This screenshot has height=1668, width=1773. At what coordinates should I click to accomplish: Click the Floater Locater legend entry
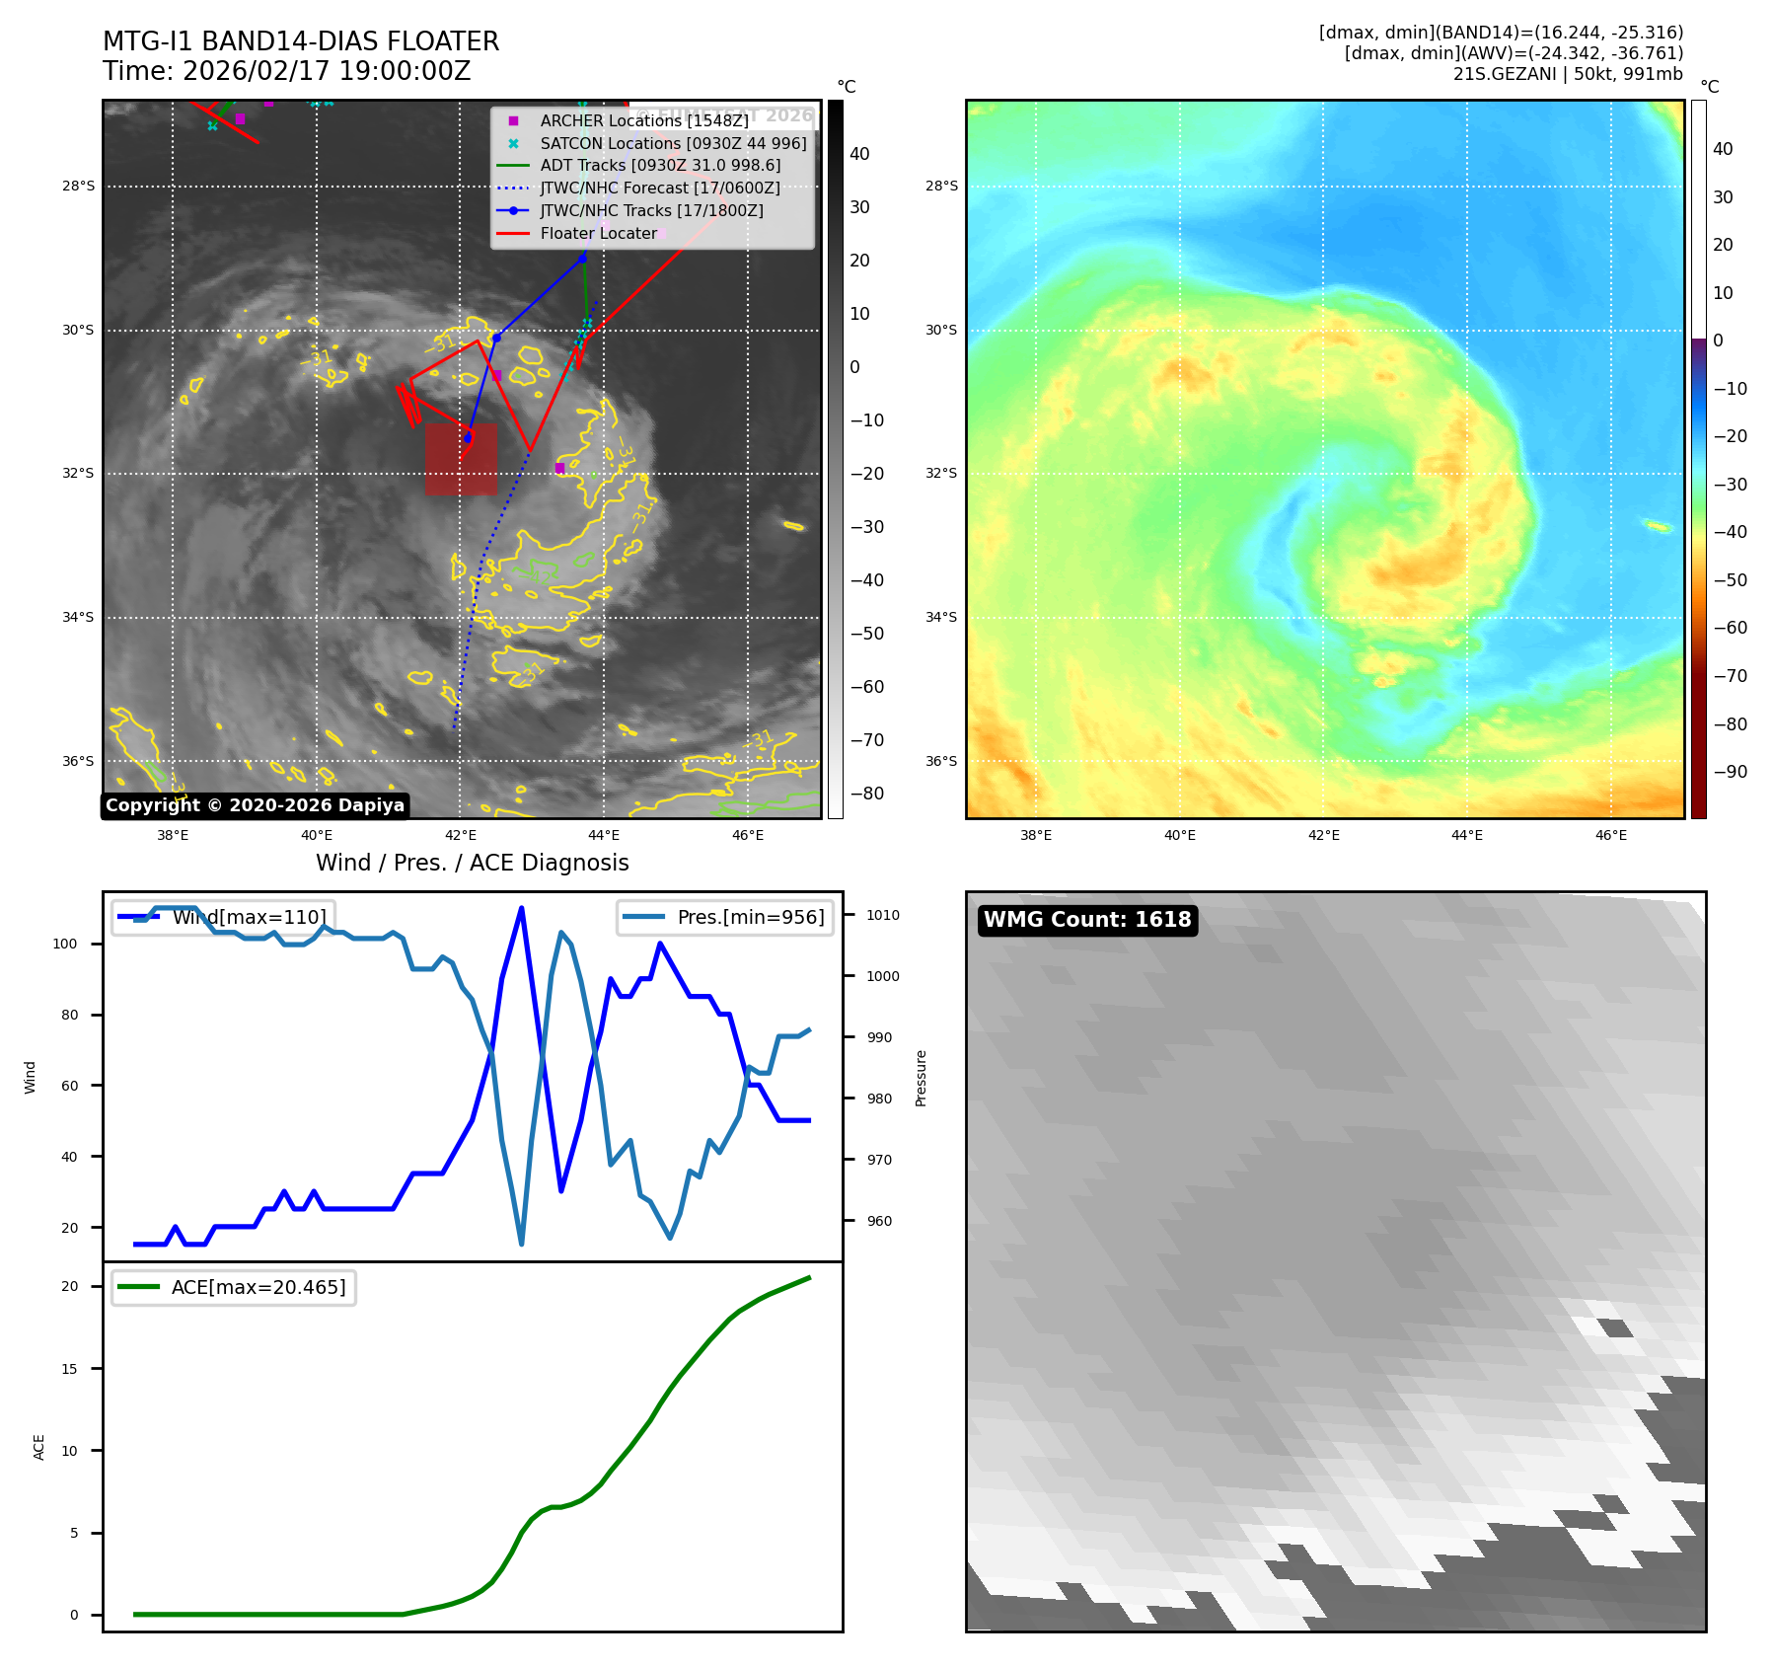click(598, 234)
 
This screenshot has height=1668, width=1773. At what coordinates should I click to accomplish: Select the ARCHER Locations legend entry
click(643, 120)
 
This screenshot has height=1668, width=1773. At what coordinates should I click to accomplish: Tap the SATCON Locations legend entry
click(673, 143)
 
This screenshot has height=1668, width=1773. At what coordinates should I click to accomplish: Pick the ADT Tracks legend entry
click(660, 166)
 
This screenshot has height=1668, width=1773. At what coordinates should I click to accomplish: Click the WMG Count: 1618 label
click(1087, 920)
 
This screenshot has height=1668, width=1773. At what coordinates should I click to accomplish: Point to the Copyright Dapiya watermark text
click(255, 805)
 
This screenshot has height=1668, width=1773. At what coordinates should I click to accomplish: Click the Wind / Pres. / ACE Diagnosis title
click(472, 863)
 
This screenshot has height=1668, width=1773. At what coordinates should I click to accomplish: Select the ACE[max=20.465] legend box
click(234, 1288)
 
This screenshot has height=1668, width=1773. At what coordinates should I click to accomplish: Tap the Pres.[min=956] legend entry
click(726, 917)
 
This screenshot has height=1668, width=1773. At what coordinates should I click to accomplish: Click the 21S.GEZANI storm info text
click(1567, 74)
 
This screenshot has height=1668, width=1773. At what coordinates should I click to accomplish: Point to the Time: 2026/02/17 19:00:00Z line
click(286, 72)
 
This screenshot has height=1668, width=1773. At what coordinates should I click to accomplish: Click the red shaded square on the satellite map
click(461, 459)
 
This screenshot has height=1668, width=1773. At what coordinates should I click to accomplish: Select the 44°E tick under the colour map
click(1467, 835)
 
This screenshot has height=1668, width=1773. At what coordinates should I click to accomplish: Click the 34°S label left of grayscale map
click(78, 618)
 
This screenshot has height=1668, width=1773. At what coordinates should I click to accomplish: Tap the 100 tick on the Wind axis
click(65, 944)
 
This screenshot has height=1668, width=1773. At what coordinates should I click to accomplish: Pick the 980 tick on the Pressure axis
click(879, 1099)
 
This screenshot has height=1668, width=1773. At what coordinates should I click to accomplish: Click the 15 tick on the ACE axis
click(69, 1369)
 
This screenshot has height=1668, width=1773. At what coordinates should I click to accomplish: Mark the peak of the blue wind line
click(521, 908)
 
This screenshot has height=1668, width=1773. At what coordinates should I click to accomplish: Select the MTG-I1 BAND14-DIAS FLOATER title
click(301, 41)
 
